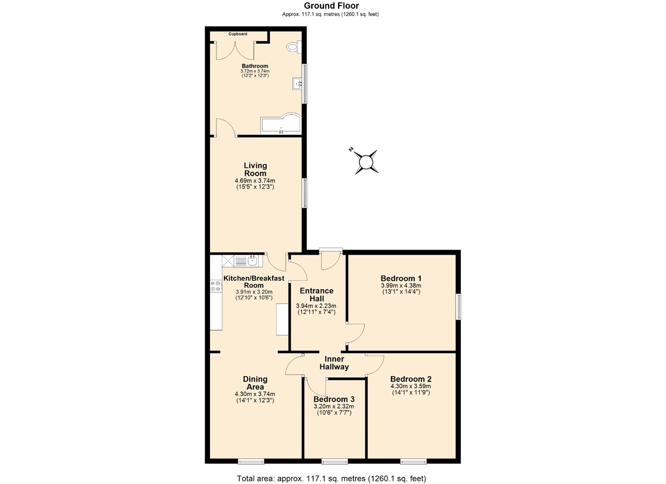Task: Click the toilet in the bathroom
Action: coord(294,47)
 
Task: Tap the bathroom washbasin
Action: coord(297,84)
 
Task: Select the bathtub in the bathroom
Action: coord(281,124)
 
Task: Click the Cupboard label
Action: coord(238,34)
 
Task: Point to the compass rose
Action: coord(365,161)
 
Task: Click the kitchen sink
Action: coord(248,261)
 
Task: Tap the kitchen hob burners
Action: coord(216,286)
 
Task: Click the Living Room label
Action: coord(255,169)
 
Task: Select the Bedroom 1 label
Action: coord(401,278)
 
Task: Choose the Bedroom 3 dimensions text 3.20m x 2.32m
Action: coord(334,406)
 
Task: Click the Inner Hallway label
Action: coord(334,363)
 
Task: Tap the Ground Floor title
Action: coord(331,6)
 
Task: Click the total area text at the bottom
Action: coord(331,478)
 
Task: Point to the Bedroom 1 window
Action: coord(459,307)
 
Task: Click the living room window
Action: coord(305,193)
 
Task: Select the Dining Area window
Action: coord(251,461)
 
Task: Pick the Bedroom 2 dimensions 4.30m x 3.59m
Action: coord(411,386)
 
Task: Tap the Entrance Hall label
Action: coord(316,294)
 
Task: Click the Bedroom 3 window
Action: coord(335,461)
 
